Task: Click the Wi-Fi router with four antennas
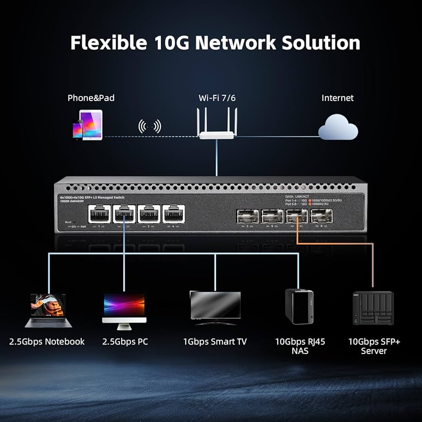[x=217, y=127]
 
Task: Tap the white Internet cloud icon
[x=338, y=127]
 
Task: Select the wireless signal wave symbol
[x=149, y=126]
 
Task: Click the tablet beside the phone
[x=91, y=124]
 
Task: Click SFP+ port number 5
[x=247, y=216]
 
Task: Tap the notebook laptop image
[x=48, y=310]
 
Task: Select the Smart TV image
[x=215, y=307]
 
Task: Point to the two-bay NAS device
[x=299, y=306]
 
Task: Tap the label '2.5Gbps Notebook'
[x=47, y=341]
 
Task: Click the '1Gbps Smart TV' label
[x=215, y=341]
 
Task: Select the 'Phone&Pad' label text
[x=91, y=98]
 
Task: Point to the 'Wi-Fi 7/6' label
[x=217, y=98]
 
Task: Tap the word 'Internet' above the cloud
[x=338, y=98]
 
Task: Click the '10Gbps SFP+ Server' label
[x=374, y=346]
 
